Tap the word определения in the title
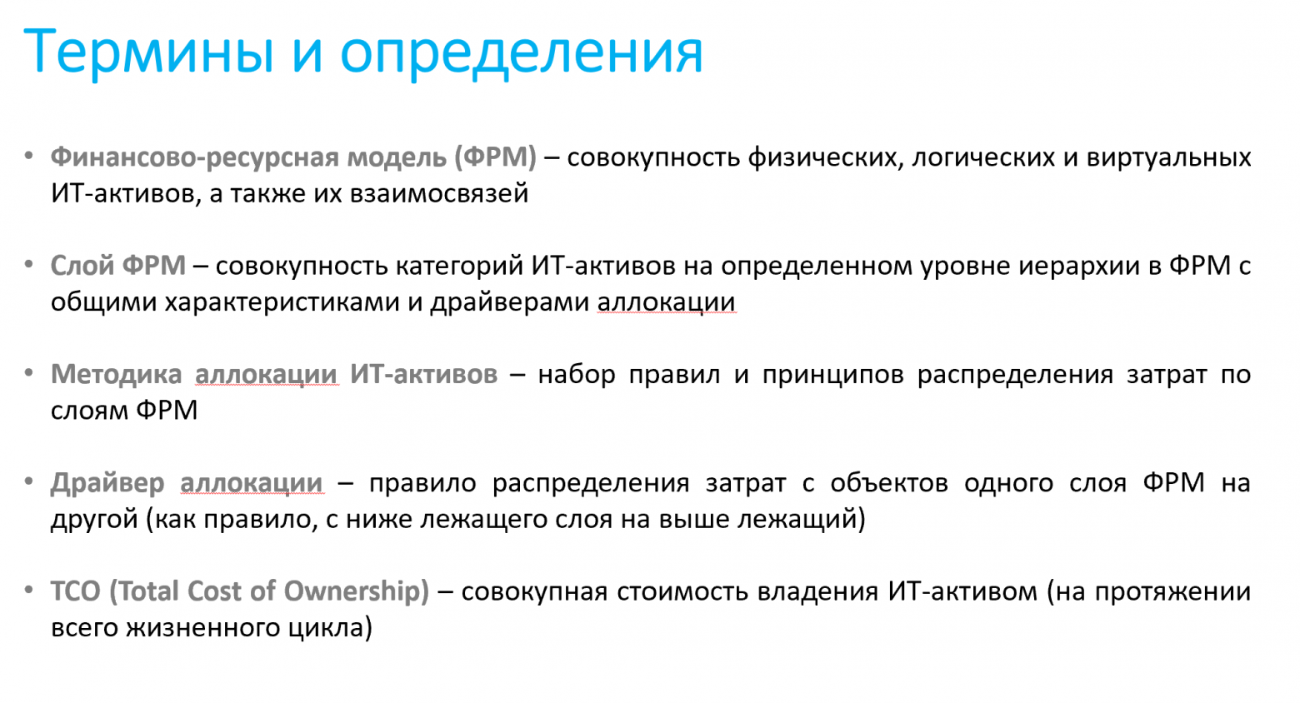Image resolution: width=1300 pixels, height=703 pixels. (521, 52)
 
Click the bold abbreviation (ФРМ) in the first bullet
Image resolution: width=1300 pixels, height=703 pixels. (496, 157)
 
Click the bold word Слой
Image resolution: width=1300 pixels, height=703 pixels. (82, 266)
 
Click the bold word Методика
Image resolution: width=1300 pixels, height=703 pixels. (116, 374)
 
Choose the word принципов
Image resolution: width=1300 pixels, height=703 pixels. (832, 374)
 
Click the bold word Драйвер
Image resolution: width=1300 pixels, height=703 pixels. (107, 483)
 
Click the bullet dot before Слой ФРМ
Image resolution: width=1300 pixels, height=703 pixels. (29, 265)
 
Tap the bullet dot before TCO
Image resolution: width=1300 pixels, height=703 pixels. (29, 591)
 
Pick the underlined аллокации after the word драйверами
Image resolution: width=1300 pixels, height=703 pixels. (666, 302)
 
